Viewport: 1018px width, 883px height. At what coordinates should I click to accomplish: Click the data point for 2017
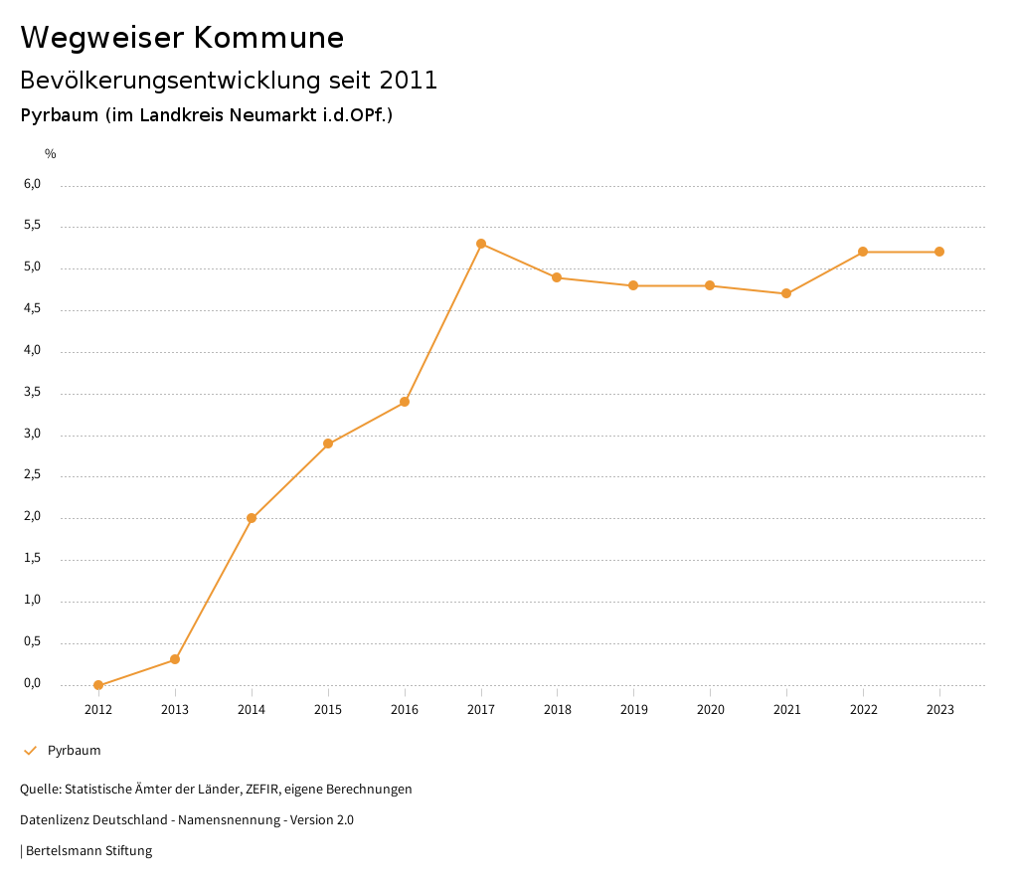481,244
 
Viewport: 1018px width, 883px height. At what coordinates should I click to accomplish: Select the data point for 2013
175,659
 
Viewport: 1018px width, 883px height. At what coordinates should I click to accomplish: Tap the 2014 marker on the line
252,518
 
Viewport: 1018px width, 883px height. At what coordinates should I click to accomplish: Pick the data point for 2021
786,293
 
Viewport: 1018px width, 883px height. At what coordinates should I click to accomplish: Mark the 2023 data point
939,252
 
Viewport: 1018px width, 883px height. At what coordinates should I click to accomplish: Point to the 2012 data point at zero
98,685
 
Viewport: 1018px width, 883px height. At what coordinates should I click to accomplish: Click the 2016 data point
405,402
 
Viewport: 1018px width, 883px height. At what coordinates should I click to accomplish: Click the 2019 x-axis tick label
633,710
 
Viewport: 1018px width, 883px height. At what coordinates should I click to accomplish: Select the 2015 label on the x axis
328,710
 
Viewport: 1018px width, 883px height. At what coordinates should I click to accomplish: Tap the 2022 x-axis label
863,710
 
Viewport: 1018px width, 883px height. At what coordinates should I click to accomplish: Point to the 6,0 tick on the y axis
33,184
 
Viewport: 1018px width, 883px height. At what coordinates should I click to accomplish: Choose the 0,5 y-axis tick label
33,641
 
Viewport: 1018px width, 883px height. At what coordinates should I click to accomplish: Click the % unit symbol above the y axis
51,154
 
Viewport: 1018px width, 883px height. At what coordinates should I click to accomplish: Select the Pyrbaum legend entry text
75,751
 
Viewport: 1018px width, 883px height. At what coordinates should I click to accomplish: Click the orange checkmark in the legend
30,751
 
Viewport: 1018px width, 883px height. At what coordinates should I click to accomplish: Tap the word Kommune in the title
268,38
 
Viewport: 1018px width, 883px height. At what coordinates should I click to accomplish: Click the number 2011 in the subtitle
409,81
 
